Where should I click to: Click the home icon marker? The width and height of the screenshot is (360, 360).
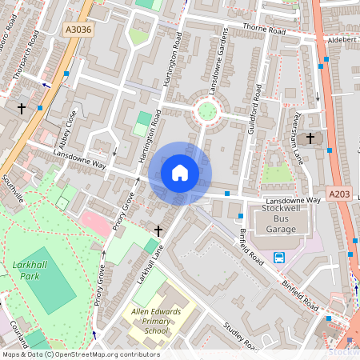pos(180,172)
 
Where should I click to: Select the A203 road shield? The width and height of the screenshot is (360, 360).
pos(338,194)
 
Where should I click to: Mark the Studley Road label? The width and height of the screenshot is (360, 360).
pos(238,337)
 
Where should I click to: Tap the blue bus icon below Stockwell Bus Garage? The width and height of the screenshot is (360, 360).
pos(279,257)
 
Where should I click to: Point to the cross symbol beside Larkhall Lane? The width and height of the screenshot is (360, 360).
pos(158,231)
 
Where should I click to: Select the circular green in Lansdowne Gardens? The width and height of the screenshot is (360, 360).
pos(207,110)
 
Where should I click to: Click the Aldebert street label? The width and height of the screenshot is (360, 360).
pos(341,39)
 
